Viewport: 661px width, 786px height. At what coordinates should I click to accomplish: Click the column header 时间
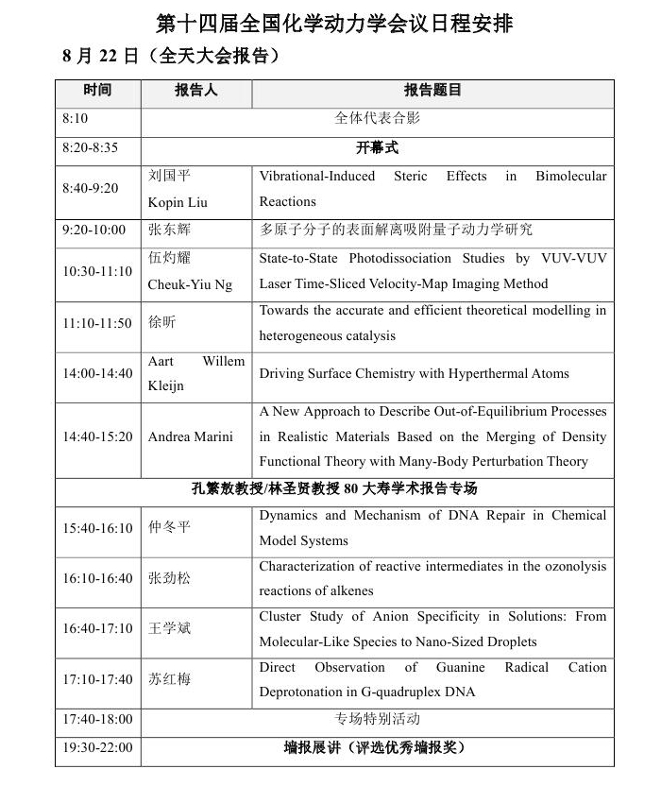97,92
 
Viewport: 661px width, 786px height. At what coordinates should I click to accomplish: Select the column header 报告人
196,92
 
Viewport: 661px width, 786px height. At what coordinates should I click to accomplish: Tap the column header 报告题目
432,92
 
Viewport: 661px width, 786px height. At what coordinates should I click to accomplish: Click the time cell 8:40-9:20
91,189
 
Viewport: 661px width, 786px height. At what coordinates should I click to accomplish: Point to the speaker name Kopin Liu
178,202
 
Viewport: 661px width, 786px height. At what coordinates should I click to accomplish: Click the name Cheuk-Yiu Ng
190,284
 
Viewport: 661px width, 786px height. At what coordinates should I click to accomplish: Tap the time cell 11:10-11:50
97,324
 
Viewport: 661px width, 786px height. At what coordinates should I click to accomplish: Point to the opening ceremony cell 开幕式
377,148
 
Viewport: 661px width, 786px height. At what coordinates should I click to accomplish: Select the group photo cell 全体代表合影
377,119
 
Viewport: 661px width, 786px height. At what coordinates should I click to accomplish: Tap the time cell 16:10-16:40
97,578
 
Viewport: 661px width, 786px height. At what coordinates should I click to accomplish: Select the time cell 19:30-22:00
97,748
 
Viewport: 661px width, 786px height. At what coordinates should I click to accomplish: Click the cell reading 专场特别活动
377,720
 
